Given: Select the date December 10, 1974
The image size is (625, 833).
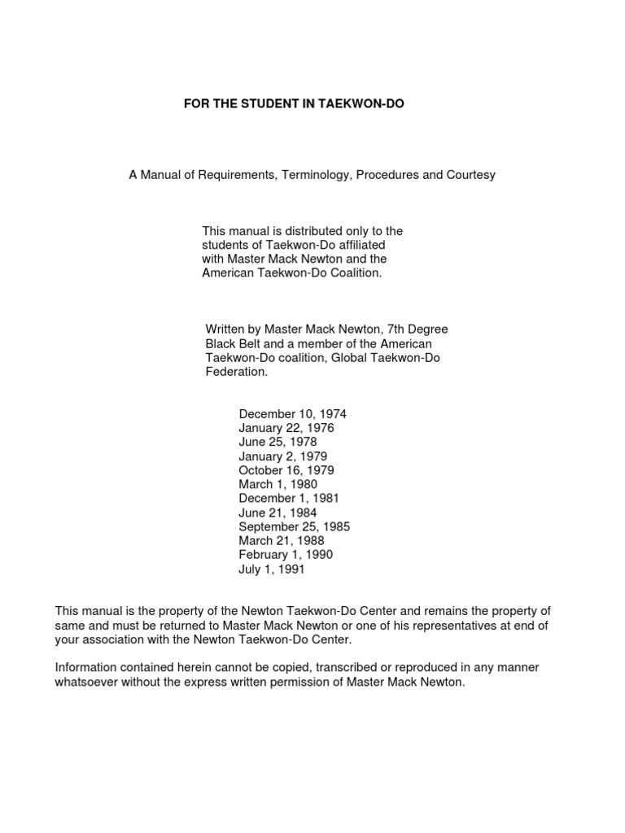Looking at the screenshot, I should pos(292,414).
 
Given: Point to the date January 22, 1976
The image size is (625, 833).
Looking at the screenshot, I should pos(286,428).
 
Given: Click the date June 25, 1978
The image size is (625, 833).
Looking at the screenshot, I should pos(278,442).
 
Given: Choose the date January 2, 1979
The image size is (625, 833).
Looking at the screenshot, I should pos(282,456).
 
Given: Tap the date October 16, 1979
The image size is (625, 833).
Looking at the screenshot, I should pos(286,470).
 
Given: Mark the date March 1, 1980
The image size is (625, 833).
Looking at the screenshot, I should pos(278,485).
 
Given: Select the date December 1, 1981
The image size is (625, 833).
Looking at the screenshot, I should pos(289,499).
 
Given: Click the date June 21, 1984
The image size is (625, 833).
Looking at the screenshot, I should pos(278,513).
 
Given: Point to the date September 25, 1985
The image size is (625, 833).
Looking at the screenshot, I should pos(294,527).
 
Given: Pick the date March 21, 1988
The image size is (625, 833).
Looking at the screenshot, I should pos(281,541).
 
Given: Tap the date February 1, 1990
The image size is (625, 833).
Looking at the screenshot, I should pos(286,555).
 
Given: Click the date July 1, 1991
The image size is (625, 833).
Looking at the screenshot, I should pos(272,569).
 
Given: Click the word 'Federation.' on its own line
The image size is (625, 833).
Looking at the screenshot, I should pos(236,372).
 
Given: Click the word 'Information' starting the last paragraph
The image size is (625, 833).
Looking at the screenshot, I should pos(85,668).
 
